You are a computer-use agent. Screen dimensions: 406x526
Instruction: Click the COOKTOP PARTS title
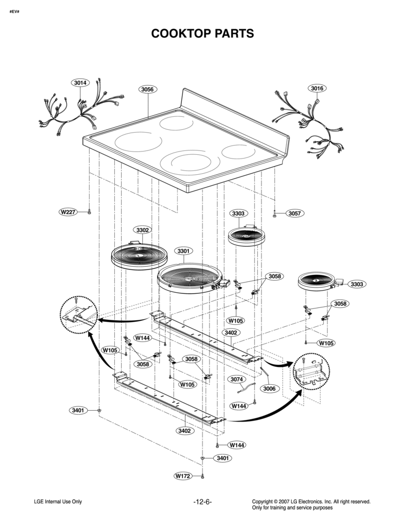[202, 34]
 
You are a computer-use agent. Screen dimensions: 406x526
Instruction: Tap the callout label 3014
[80, 82]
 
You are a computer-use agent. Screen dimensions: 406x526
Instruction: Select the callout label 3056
[147, 89]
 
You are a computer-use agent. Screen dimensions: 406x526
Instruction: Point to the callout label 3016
[317, 88]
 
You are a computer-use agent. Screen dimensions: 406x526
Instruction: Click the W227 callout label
[68, 212]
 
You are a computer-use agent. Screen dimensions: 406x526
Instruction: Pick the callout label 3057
[295, 213]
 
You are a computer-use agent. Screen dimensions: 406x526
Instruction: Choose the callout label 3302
[142, 230]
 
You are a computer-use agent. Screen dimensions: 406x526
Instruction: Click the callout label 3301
[184, 251]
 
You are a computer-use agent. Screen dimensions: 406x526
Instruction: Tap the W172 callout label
[183, 476]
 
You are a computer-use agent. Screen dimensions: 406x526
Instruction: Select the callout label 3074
[237, 379]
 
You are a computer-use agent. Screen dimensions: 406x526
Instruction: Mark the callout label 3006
[269, 389]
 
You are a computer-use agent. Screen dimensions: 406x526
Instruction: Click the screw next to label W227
[89, 212]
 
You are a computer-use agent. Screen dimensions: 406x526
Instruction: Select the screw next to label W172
[202, 476]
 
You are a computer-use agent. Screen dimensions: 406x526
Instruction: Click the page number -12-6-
[202, 502]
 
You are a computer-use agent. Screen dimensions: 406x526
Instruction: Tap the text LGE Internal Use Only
[58, 502]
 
